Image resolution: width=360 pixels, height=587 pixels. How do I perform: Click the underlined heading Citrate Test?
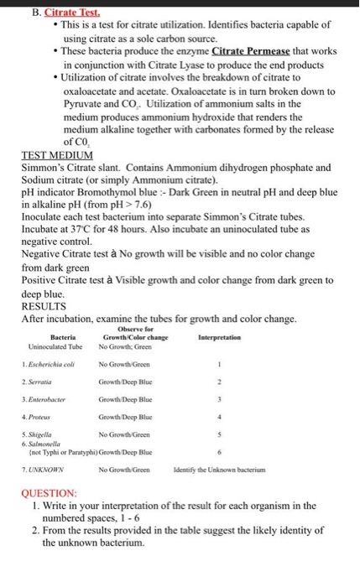click(x=72, y=13)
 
